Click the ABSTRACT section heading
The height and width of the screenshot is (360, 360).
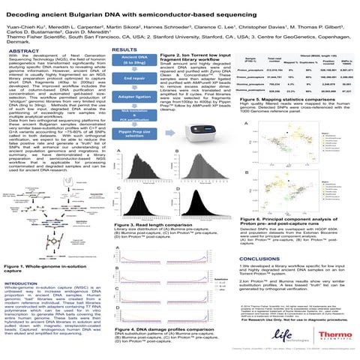point(22,49)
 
